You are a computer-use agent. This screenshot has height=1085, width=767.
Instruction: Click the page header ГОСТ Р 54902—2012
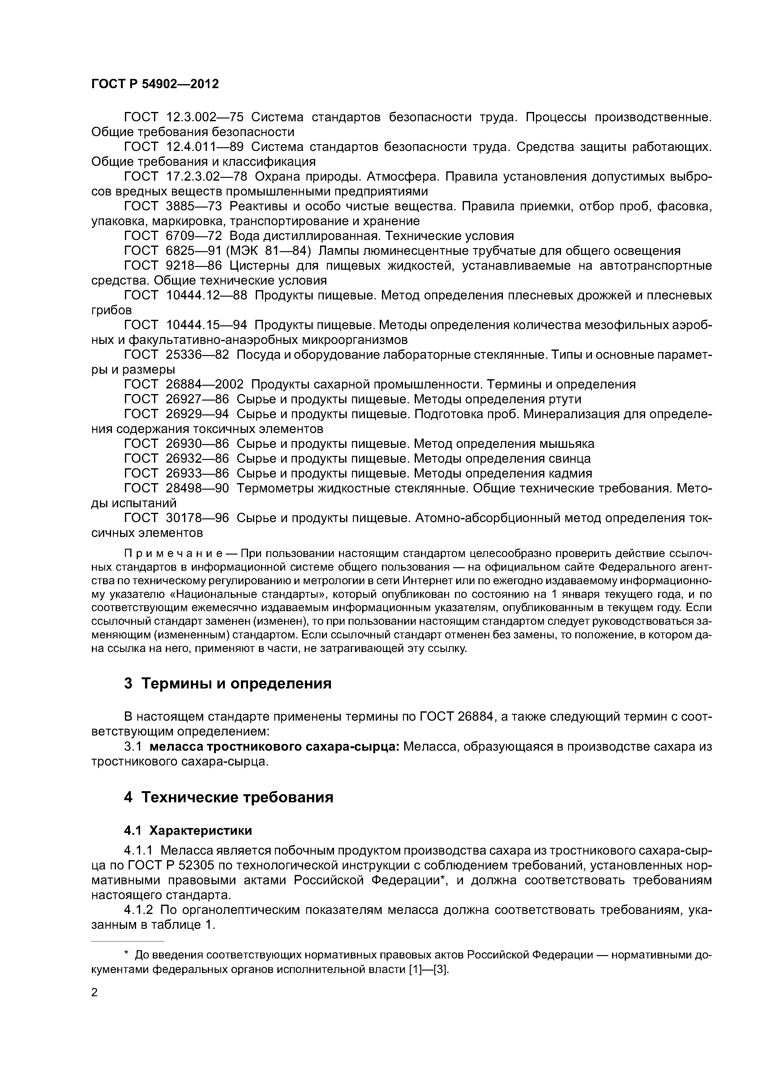click(x=155, y=84)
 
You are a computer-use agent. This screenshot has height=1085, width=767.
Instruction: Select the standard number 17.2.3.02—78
click(x=207, y=177)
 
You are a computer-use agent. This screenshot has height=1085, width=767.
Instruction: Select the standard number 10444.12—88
click(x=207, y=295)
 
